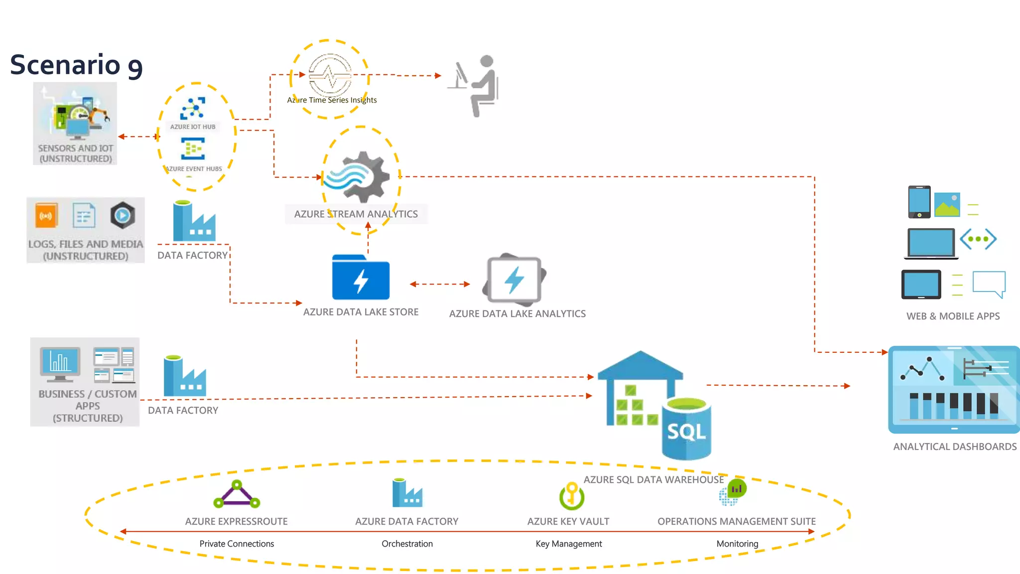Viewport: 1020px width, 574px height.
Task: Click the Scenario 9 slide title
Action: coord(76,65)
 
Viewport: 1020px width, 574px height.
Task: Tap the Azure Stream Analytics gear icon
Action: coord(357,177)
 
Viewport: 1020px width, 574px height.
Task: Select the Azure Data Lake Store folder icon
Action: coord(361,278)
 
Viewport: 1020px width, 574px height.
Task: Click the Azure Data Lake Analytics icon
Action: coord(514,280)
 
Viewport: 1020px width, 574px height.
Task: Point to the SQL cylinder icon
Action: coord(686,429)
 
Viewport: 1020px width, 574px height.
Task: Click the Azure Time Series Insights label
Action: coord(332,100)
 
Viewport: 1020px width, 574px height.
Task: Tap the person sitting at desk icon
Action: coord(476,86)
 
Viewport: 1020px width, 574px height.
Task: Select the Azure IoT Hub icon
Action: coord(193,108)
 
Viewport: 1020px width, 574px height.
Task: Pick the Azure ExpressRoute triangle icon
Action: coord(237,495)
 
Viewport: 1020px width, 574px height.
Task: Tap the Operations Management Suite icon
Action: coord(733,492)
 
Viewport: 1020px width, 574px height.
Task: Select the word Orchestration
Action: coord(407,544)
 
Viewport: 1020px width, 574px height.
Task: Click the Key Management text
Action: coord(568,544)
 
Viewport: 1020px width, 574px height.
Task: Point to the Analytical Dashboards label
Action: coord(954,446)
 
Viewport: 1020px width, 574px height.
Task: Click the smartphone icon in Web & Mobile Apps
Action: coord(919,202)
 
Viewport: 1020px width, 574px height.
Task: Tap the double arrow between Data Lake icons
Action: coord(439,284)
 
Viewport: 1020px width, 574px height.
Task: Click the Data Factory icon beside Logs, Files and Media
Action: coord(194,222)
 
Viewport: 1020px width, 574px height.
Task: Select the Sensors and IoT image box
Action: coord(75,123)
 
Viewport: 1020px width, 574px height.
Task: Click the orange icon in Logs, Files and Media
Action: coord(46,216)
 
